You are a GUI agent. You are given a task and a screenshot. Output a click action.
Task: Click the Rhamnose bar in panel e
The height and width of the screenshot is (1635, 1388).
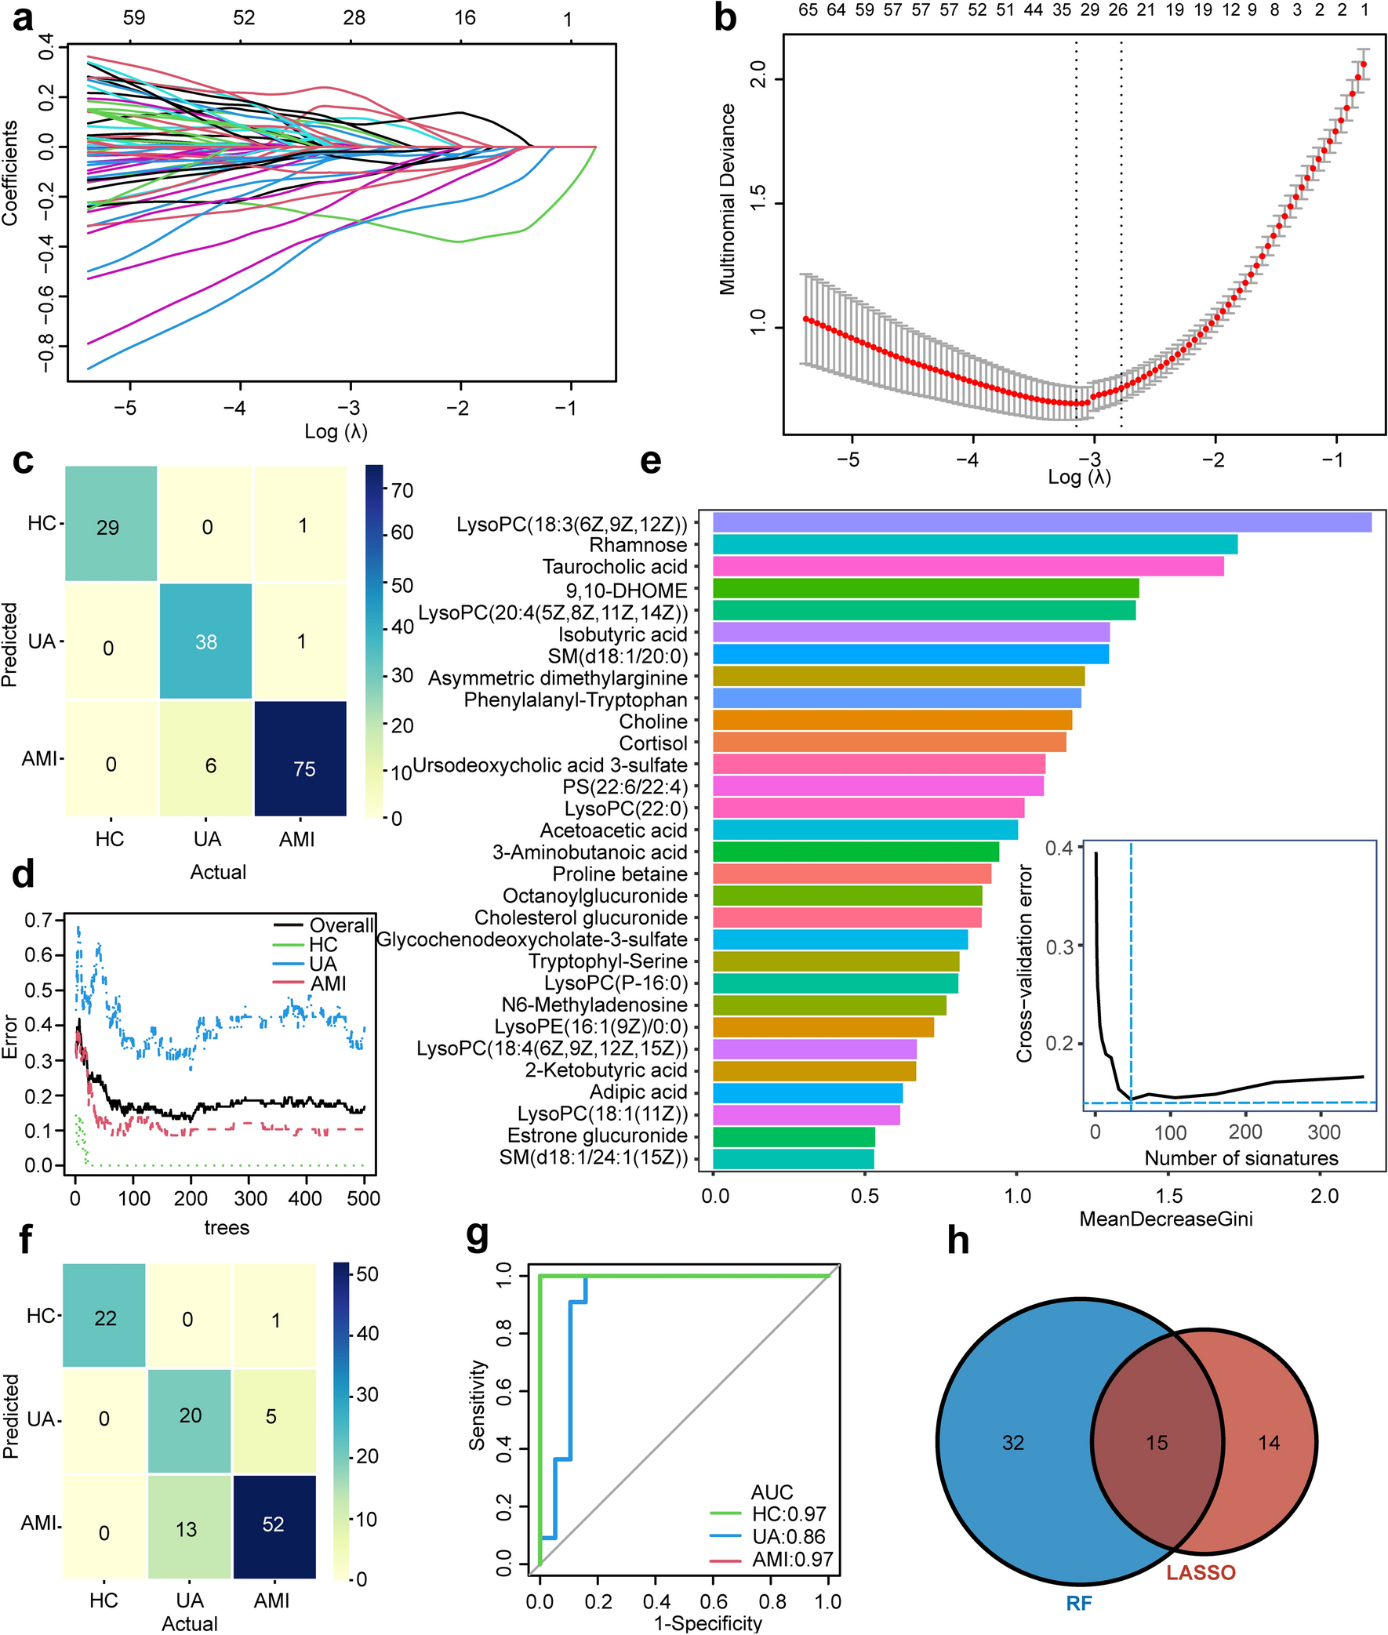(x=974, y=544)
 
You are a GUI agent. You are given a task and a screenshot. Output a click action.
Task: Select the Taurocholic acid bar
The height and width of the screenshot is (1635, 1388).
(x=968, y=566)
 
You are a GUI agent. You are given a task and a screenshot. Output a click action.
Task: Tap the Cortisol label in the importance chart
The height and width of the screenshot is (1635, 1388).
(x=653, y=743)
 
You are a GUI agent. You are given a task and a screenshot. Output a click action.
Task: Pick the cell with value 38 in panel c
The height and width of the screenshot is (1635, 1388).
(x=206, y=641)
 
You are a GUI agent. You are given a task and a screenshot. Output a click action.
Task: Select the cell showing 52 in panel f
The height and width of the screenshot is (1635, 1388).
(x=274, y=1524)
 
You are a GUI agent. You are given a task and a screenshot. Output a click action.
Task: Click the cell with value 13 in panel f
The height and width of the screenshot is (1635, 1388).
(x=187, y=1528)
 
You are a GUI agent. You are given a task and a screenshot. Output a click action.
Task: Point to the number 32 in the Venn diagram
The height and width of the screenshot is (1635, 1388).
(x=1012, y=1442)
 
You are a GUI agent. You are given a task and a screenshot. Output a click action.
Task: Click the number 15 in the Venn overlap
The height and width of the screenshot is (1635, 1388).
(x=1157, y=1442)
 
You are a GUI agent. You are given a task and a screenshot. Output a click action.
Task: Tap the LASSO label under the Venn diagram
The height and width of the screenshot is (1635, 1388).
(x=1201, y=1572)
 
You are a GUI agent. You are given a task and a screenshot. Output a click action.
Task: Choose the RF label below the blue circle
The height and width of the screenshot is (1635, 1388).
(x=1079, y=1603)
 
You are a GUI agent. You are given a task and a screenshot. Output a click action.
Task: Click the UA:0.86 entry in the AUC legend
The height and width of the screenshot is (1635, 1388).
(x=788, y=1536)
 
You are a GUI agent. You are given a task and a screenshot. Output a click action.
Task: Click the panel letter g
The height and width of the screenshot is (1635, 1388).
(x=478, y=1235)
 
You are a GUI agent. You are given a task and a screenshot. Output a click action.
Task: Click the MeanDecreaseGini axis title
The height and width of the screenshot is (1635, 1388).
(x=1166, y=1219)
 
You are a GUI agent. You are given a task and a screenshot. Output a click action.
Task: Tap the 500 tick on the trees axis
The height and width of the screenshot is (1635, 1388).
(x=364, y=1198)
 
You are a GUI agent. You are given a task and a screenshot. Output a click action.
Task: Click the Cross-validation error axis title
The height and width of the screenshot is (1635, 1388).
(x=1024, y=964)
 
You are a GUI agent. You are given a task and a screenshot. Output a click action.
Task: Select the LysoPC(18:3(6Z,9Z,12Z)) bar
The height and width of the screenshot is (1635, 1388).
(x=1042, y=522)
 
